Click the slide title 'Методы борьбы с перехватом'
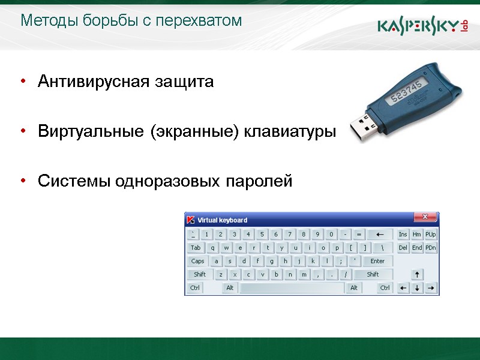(131, 21)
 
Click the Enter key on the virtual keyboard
(377, 261)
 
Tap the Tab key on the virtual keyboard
(196, 248)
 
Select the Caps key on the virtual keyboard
(197, 261)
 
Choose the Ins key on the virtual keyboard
(403, 235)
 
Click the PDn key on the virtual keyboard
(431, 248)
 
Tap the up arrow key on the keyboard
(417, 275)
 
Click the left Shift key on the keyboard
(200, 275)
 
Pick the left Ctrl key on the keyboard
(195, 288)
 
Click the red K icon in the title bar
(191, 220)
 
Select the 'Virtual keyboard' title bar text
(222, 220)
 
